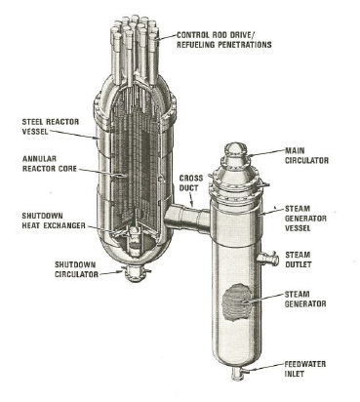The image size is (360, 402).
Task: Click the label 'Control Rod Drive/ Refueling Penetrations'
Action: pos(224,40)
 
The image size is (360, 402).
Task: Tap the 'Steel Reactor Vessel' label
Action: pos(51,127)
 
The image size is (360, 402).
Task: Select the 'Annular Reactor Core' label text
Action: pos(50,164)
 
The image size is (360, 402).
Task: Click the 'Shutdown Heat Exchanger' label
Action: pos(54,221)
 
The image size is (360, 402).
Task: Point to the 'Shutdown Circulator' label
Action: pos(76,269)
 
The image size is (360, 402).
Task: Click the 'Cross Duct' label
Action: pos(191,182)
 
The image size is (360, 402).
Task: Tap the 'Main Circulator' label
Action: pos(306,155)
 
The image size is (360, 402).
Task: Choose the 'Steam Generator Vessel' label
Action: pos(305,218)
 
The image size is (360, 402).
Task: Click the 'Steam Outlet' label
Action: pos(298,260)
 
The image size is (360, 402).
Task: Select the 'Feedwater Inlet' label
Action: pos(304,369)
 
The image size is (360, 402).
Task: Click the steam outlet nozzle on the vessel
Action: pos(268,259)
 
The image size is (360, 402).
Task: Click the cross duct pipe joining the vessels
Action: pos(186,219)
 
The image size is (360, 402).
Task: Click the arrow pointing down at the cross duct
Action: pos(190,200)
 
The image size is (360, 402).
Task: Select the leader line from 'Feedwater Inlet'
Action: pos(264,367)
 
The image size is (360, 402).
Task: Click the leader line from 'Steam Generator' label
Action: pos(263,299)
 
